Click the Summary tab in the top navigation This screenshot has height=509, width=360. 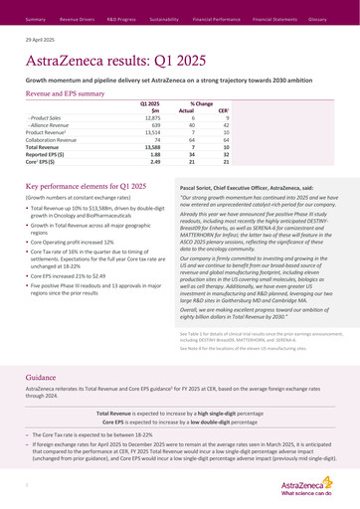[36, 19]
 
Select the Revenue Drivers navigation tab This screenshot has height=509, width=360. [78, 19]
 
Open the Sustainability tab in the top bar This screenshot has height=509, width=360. [164, 19]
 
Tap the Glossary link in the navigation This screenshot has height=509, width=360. [318, 19]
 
